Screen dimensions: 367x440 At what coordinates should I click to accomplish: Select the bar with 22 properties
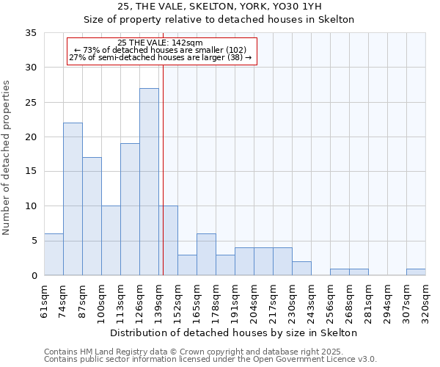point(73,199)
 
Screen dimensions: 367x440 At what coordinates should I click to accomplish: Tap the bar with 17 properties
point(92,217)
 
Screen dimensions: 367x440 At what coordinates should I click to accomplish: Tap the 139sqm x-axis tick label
point(159,301)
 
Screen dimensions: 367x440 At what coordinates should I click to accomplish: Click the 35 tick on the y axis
point(31,33)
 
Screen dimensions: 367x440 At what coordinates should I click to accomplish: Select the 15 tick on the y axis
point(31,172)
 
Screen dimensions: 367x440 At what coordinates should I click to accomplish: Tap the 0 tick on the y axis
point(34,276)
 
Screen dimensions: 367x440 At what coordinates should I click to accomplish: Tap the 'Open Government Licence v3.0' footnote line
point(210,360)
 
